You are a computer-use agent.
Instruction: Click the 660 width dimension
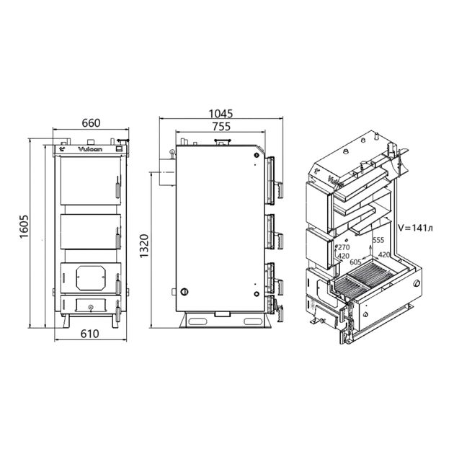tap(90, 123)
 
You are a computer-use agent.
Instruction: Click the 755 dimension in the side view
tap(222, 127)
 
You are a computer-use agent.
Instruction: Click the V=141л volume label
tap(417, 228)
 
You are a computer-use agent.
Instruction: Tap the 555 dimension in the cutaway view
tap(378, 240)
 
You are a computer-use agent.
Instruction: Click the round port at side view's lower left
tap(186, 292)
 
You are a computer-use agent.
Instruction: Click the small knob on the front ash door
tap(89, 307)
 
